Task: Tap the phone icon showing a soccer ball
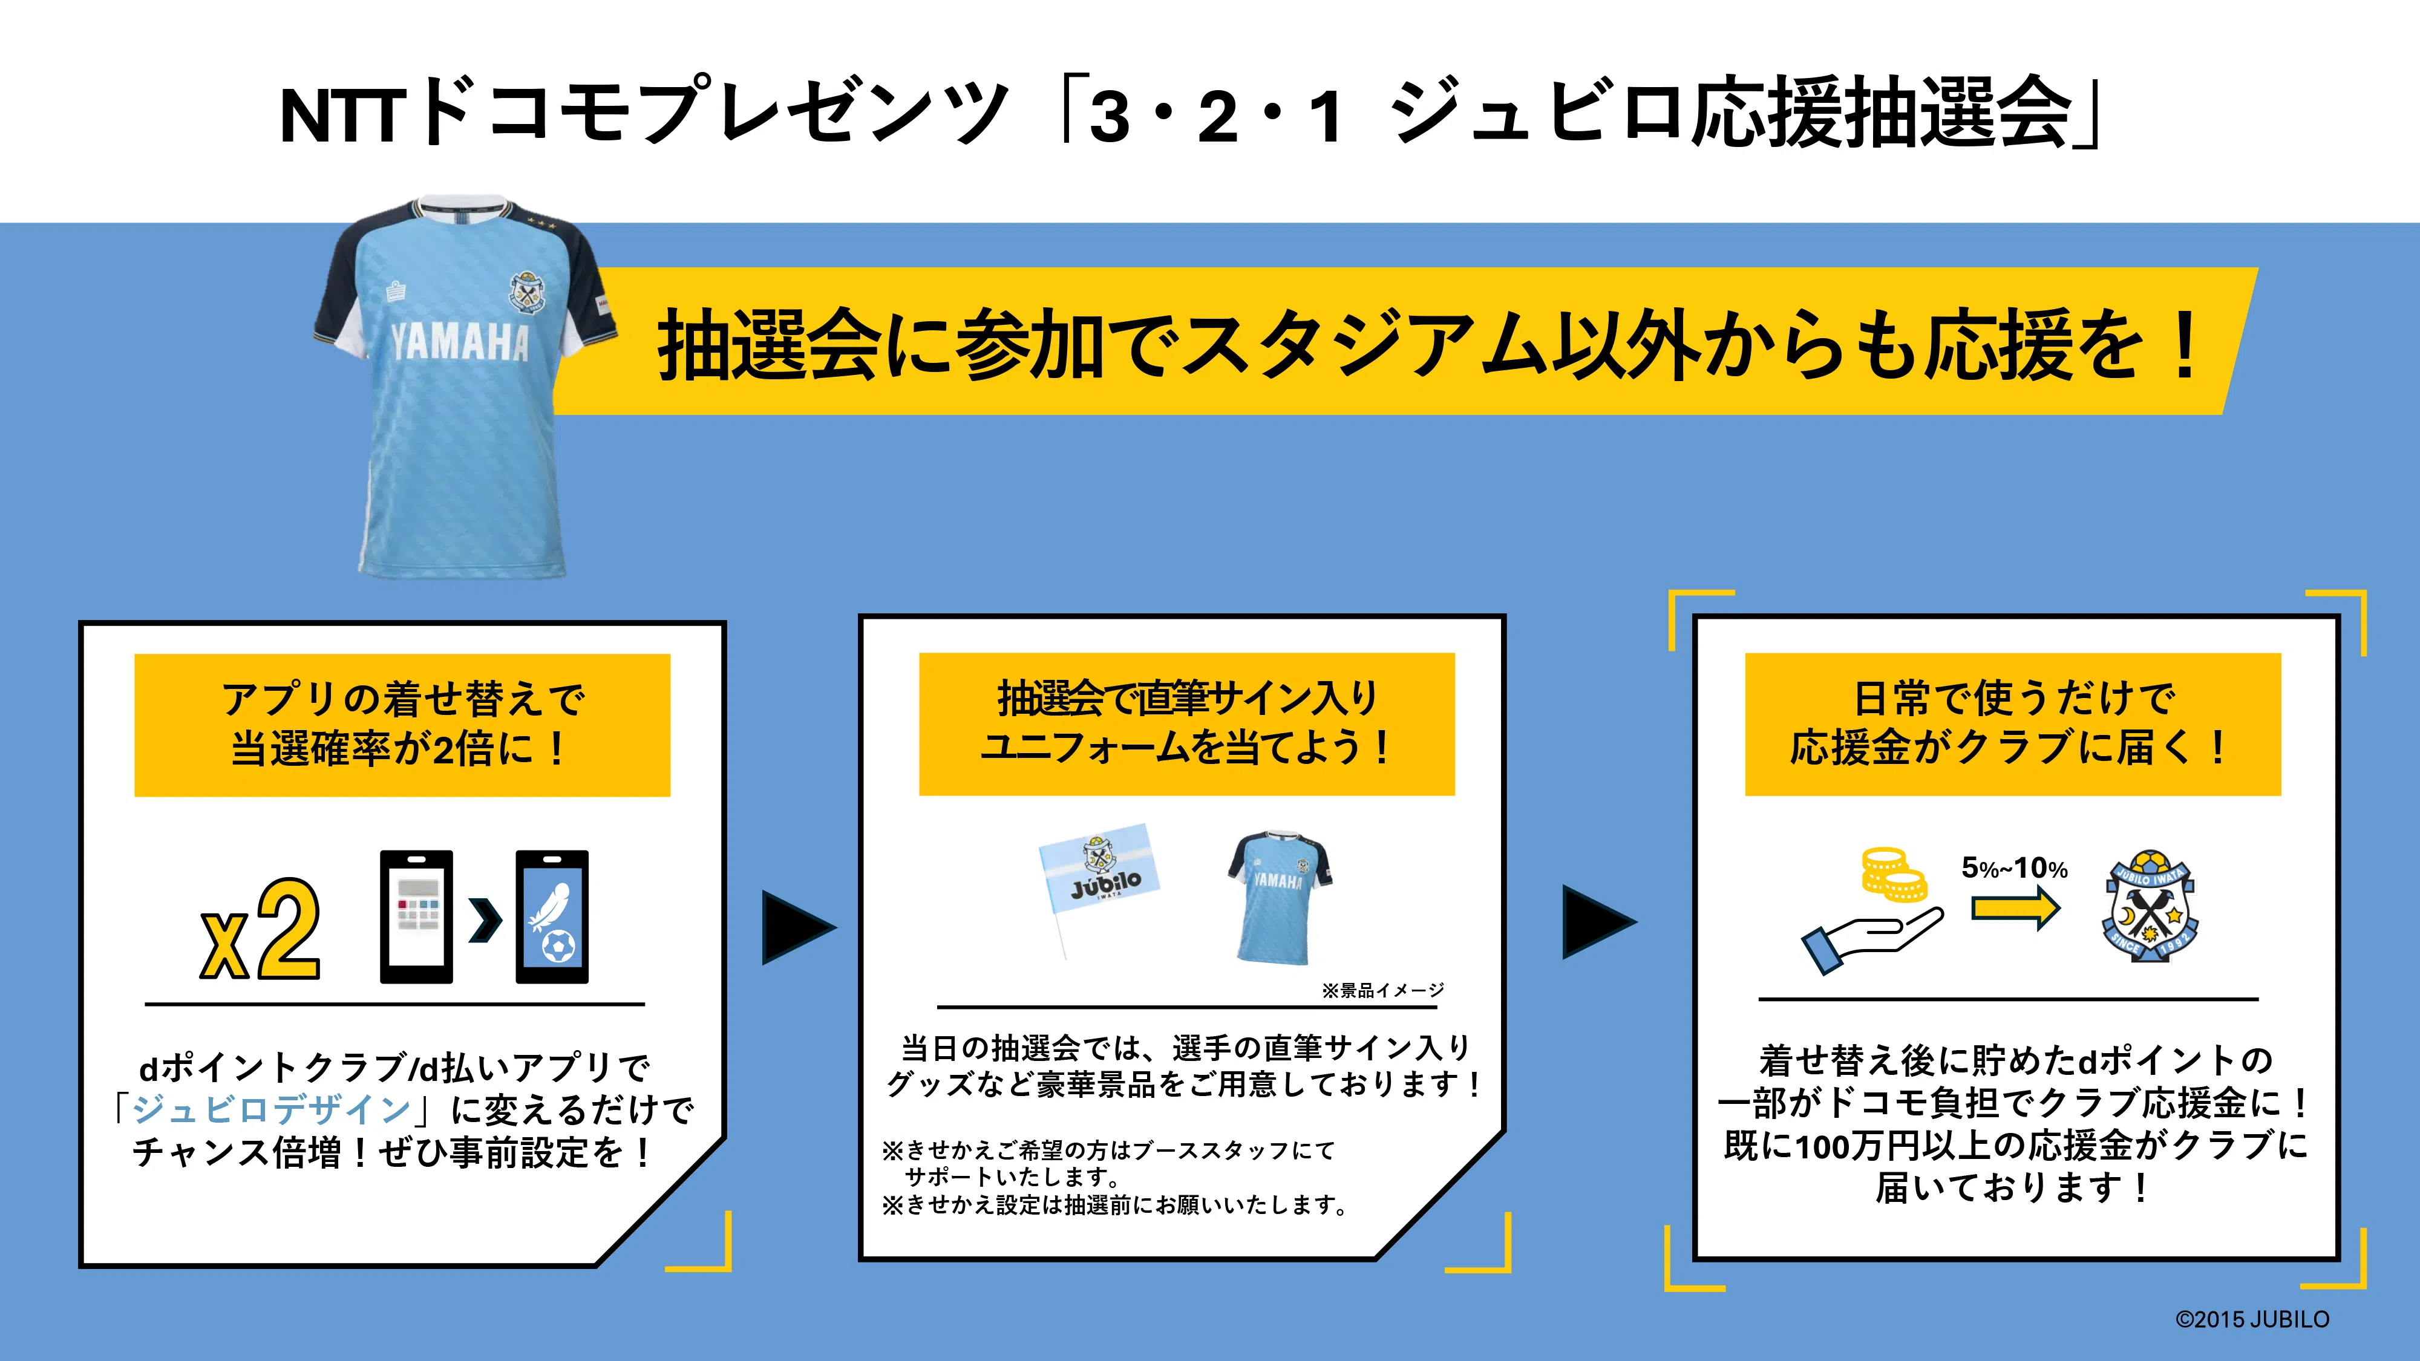[x=552, y=917]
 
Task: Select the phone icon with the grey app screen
[x=416, y=917]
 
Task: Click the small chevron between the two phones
[x=485, y=919]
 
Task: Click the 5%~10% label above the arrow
[x=2014, y=868]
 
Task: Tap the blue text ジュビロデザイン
[x=272, y=1109]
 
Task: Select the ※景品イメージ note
[x=1383, y=990]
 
